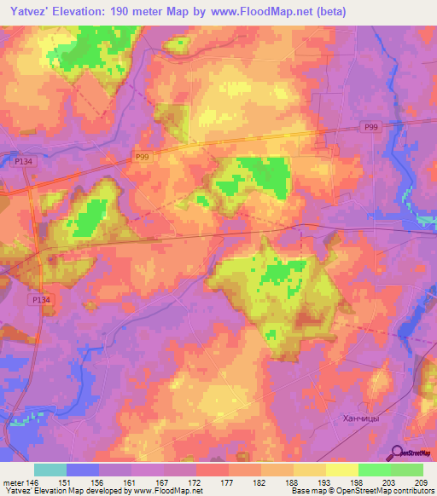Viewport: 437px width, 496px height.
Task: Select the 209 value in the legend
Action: coord(422,482)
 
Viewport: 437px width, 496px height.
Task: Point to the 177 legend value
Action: coord(228,482)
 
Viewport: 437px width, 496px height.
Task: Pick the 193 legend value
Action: coord(325,482)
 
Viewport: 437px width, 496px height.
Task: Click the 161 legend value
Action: coord(131,482)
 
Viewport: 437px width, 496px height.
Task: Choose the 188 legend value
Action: coord(293,482)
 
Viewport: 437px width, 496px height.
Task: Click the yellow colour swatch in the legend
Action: coord(341,470)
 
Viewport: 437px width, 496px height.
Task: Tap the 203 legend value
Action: coord(390,482)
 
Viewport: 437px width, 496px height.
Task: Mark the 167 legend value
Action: coord(163,482)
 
